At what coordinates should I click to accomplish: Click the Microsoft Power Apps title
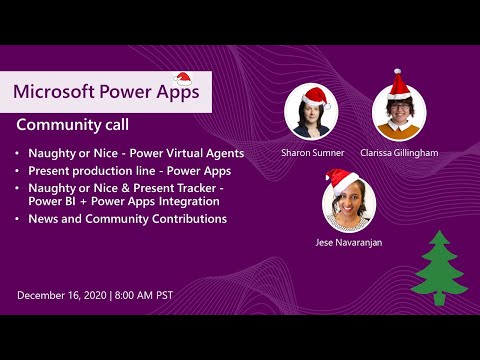click(x=105, y=91)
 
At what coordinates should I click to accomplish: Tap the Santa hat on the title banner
click(x=183, y=79)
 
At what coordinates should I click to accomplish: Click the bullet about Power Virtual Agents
click(x=129, y=153)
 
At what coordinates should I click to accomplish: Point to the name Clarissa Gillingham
click(x=399, y=153)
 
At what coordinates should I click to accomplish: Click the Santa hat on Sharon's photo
click(x=315, y=96)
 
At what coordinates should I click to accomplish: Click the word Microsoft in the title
click(x=52, y=91)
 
